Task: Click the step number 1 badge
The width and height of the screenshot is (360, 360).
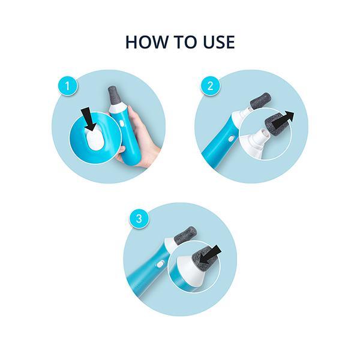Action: point(67,86)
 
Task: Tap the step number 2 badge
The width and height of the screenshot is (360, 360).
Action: point(211,86)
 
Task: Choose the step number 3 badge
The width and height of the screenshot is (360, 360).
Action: point(139,218)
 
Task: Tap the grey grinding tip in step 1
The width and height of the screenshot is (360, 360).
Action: point(113,97)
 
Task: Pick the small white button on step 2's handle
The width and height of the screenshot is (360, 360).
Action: point(232,139)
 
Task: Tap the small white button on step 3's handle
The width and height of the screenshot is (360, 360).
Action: point(160,264)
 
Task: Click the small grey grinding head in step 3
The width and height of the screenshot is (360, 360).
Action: point(185,235)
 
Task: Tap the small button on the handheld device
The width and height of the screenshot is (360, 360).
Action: point(122,124)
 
